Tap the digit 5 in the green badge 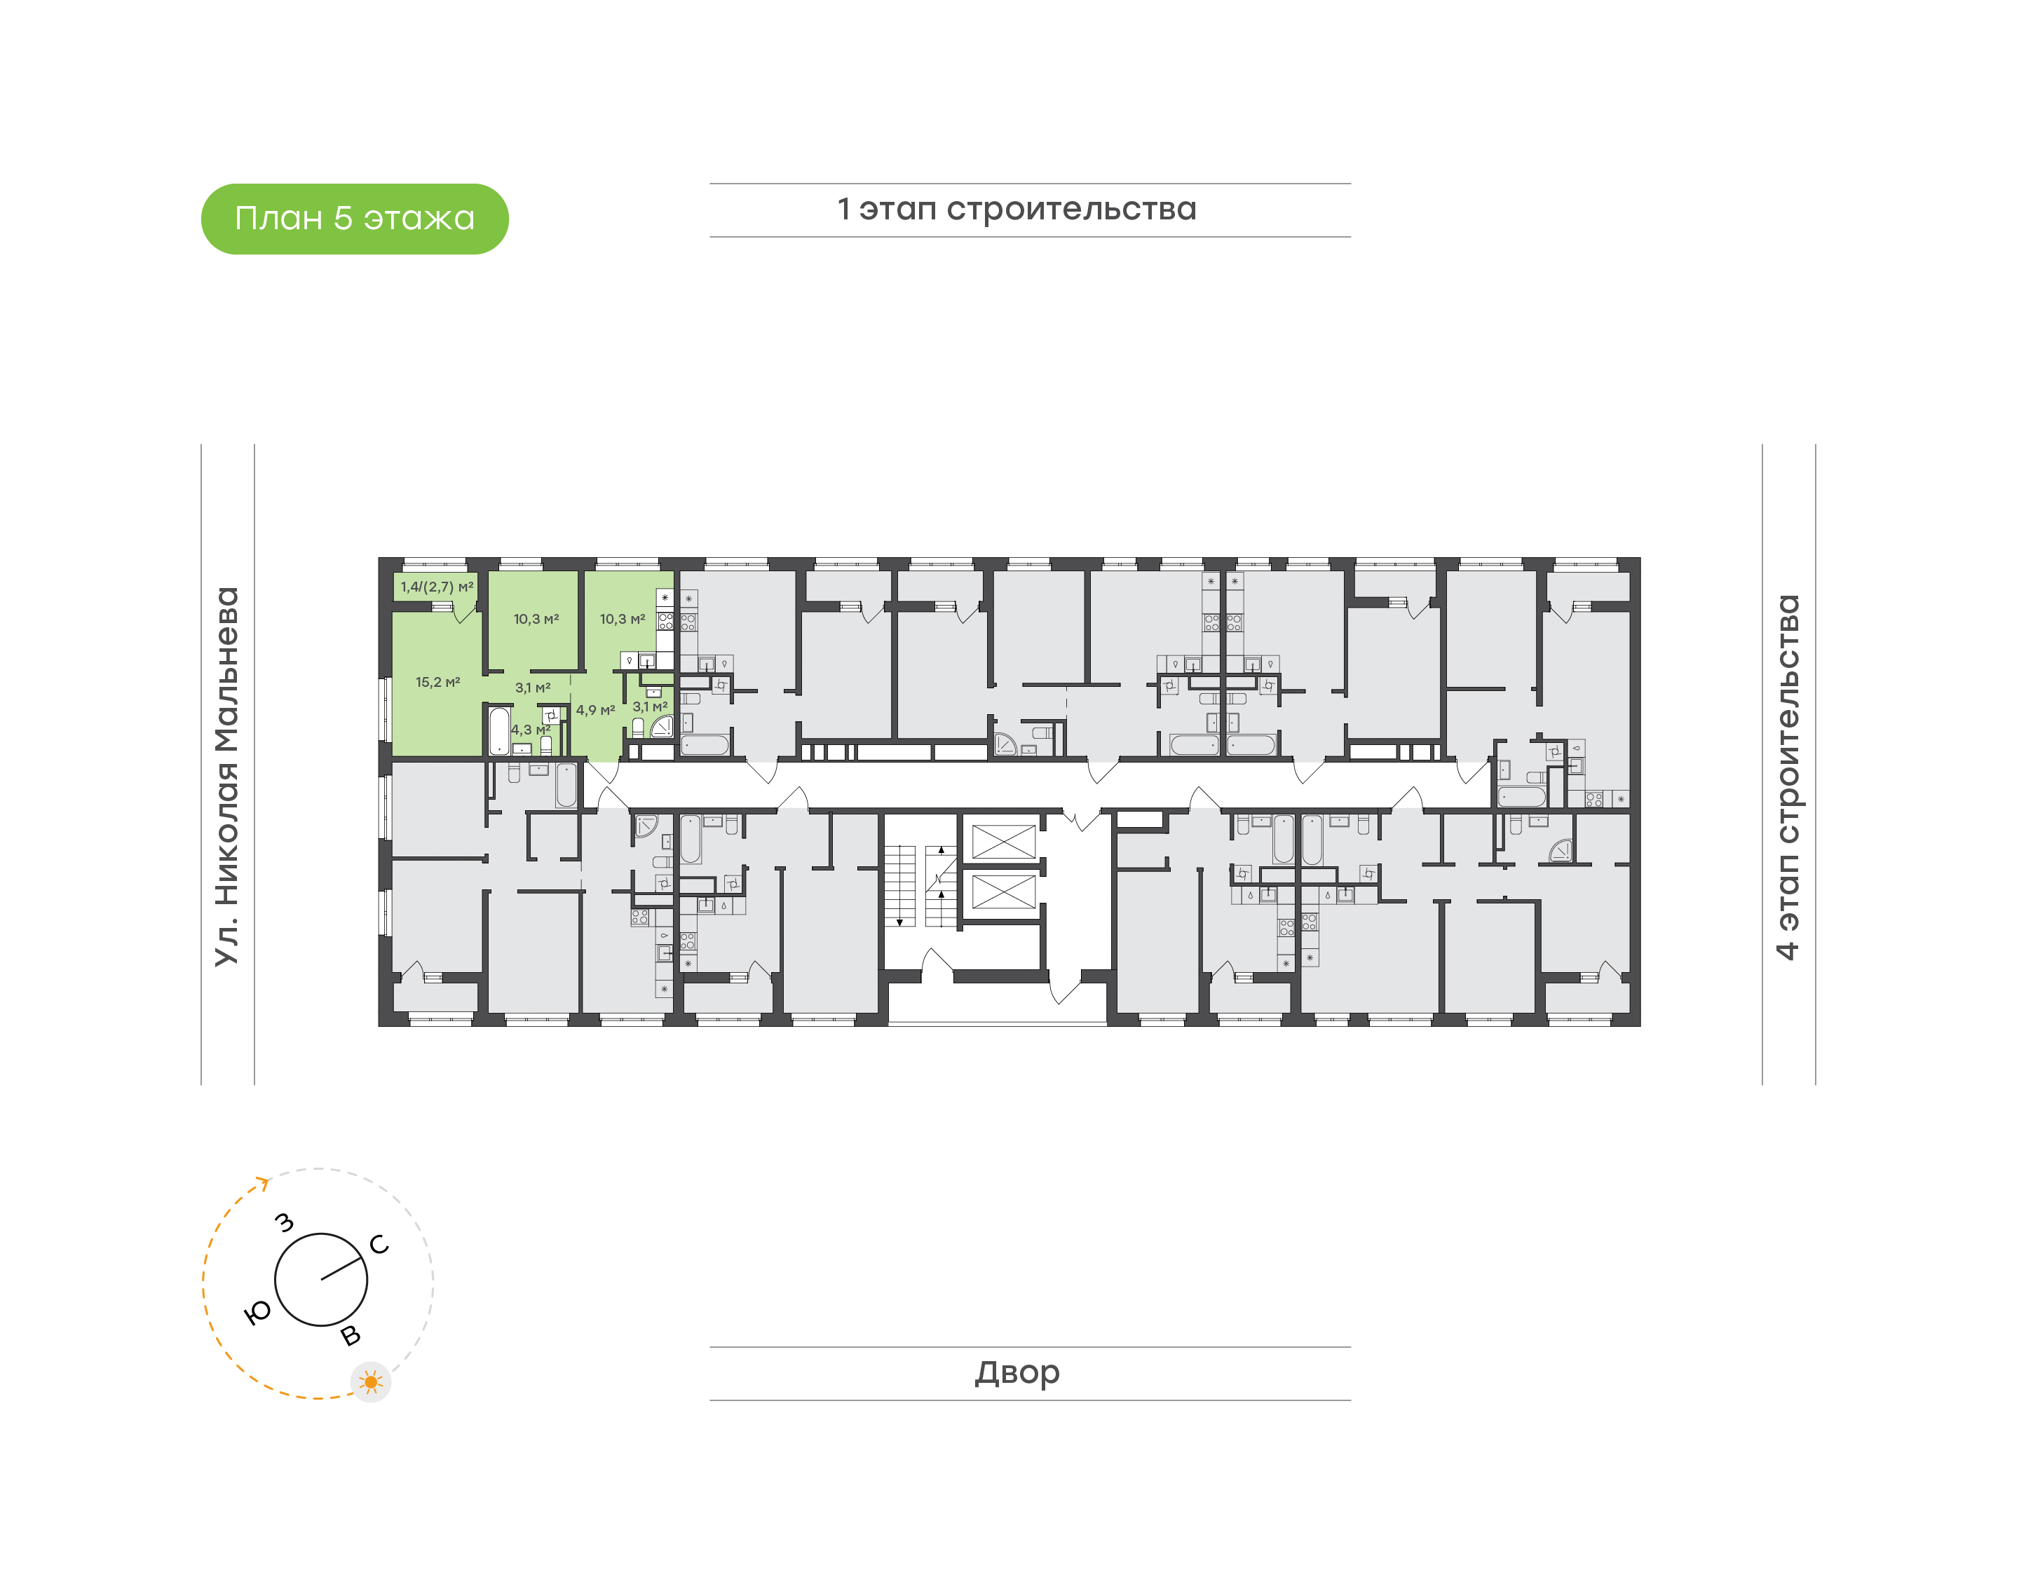pos(343,219)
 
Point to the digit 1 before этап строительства pos(843,209)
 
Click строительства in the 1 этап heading pos(1071,210)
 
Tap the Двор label pos(1017,1372)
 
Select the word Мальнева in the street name pos(227,669)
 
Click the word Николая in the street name pos(227,835)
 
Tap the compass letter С pos(379,1245)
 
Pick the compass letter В pos(351,1335)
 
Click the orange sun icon pos(371,1383)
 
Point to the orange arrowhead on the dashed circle pos(264,1182)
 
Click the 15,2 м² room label pos(437,683)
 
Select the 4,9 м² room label pos(595,711)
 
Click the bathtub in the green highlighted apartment pos(499,732)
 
